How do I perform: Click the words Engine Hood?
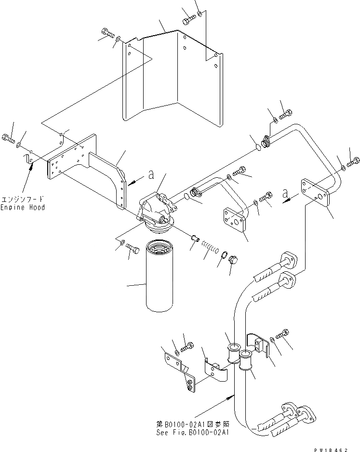point(23,207)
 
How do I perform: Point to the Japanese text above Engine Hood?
point(23,199)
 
